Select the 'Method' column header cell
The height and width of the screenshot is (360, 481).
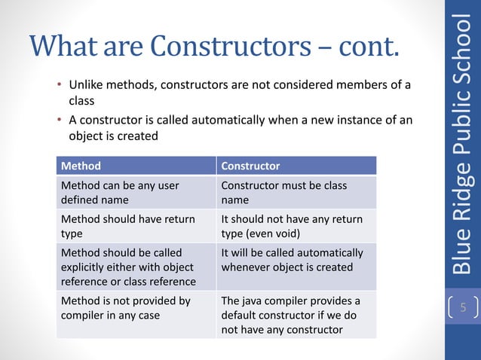136,166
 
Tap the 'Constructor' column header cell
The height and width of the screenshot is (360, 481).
296,166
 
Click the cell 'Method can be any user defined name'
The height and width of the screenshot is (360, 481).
136,192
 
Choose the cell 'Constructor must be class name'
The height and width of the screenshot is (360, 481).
296,192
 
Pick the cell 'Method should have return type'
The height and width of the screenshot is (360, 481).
136,226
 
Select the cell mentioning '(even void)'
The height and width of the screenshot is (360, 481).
296,226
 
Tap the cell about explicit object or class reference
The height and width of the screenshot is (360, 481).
136,267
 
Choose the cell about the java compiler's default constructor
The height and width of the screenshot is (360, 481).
296,315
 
